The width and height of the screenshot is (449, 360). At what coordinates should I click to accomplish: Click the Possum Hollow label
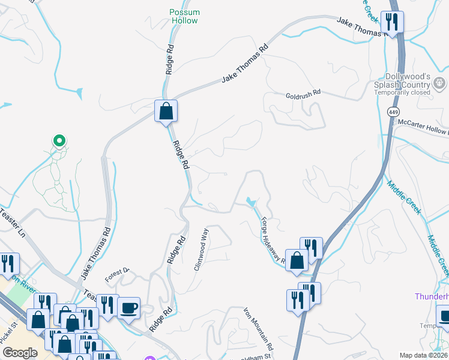tap(184, 16)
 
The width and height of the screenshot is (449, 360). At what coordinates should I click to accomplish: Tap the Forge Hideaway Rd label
tap(272, 240)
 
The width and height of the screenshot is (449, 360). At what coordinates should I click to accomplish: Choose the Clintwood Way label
tap(201, 249)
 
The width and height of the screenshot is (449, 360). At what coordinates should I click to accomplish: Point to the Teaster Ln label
tap(12, 221)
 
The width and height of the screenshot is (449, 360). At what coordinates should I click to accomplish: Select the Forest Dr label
tap(117, 274)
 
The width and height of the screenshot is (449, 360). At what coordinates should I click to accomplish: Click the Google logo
tap(20, 353)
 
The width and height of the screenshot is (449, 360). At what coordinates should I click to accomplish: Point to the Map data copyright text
tap(423, 355)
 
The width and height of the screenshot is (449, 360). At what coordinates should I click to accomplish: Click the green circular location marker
tap(59, 141)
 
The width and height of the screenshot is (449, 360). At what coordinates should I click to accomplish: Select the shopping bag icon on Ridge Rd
tap(166, 112)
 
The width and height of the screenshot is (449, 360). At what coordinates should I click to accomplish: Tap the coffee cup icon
tap(129, 308)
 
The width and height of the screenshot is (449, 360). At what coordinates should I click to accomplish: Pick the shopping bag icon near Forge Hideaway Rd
tap(297, 260)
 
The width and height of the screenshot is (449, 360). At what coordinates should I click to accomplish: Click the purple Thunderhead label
tap(432, 297)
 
